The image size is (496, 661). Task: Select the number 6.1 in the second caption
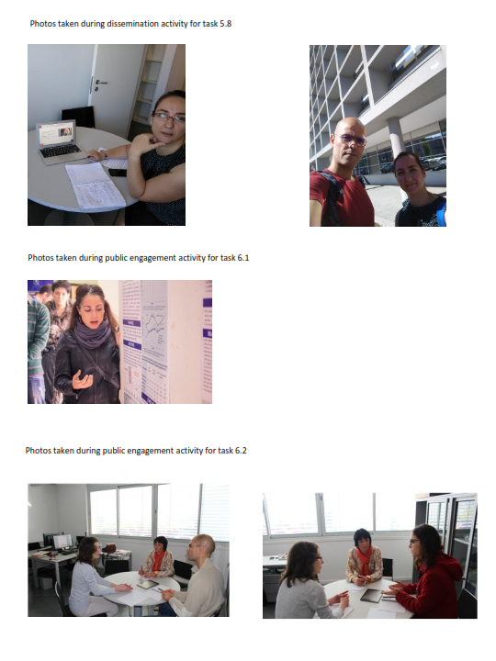click(242, 258)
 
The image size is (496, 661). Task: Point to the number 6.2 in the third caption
click(241, 450)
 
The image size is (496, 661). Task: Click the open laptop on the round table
click(59, 140)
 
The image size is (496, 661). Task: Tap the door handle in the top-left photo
click(99, 84)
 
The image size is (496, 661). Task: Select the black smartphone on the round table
click(118, 172)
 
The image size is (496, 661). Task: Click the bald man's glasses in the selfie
click(351, 140)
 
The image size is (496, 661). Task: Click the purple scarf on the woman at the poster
click(92, 334)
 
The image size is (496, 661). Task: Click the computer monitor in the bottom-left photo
click(62, 542)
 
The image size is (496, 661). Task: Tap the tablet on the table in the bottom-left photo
click(147, 584)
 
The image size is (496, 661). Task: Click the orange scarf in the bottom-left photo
click(158, 560)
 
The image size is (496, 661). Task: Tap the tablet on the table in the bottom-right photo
click(371, 595)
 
